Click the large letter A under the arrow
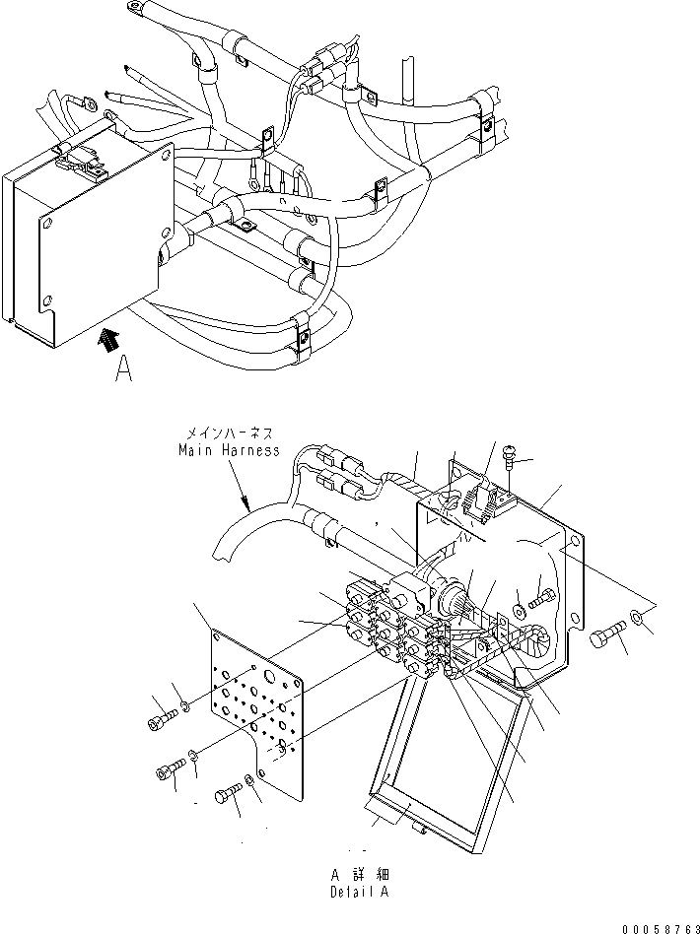coord(123,367)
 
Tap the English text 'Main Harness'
coord(230,450)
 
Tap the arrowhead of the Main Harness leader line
coord(247,506)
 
